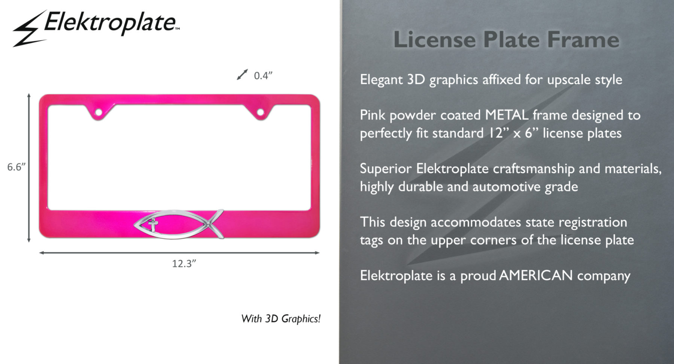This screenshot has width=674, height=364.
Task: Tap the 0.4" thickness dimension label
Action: point(263,76)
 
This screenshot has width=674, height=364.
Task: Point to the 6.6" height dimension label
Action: point(16,167)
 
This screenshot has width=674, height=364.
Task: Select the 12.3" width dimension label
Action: point(184,264)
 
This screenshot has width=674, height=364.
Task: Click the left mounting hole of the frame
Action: point(98,112)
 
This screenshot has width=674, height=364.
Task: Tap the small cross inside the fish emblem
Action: point(153,226)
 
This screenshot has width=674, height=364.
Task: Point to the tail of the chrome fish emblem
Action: point(216,224)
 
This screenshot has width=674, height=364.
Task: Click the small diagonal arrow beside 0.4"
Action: point(242,75)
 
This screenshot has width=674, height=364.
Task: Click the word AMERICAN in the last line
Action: point(536,276)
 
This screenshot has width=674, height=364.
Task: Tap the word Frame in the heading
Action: point(583,39)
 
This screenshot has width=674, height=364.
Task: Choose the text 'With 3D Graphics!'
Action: point(281,319)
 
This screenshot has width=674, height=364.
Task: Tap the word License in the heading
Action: point(434,39)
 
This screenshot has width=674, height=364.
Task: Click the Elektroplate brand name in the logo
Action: point(111,22)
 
